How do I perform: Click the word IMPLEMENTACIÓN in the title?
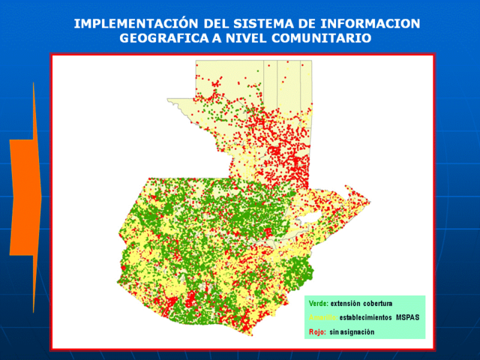tap(128, 23)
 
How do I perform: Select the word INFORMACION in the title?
tap(371, 23)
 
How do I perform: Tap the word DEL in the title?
tap(204, 23)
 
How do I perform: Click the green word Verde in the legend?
tap(318, 303)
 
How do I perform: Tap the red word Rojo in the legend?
tap(316, 331)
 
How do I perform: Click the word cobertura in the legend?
tap(378, 303)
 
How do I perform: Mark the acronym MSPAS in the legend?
tap(407, 317)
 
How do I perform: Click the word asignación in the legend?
tap(358, 331)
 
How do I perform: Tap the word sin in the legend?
tap(334, 331)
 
